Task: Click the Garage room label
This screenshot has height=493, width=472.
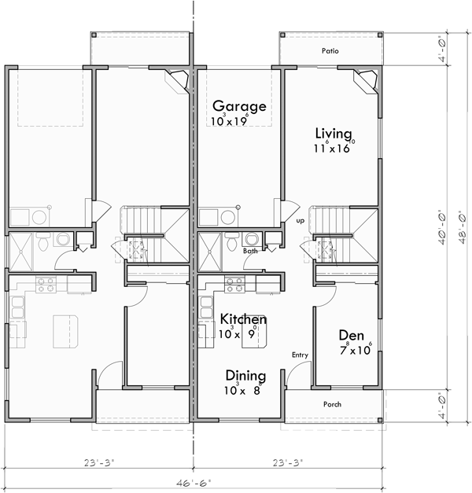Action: click(x=239, y=106)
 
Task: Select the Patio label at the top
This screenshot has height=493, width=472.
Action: click(x=330, y=50)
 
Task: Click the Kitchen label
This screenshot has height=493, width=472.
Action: click(x=242, y=319)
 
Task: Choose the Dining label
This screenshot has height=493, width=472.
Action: click(x=245, y=376)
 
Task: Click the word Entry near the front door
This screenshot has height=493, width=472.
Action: click(x=300, y=355)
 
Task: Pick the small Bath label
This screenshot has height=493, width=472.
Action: click(x=250, y=251)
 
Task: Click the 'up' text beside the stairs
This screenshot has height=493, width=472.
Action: click(x=300, y=221)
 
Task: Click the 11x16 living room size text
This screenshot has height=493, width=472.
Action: click(x=334, y=147)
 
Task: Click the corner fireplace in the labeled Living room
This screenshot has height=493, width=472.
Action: click(x=363, y=79)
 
